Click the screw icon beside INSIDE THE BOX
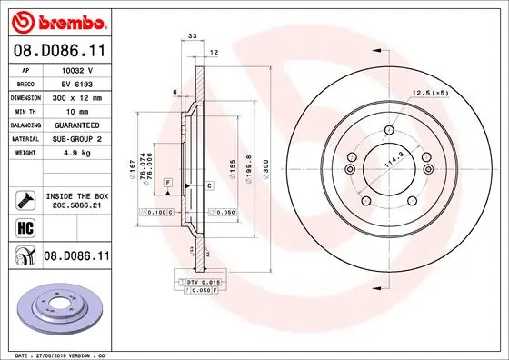pyautogui.click(x=25, y=200)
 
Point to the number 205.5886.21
pyautogui.click(x=75, y=207)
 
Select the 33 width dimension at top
pyautogui.click(x=192, y=35)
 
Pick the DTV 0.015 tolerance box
pyautogui.click(x=203, y=284)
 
